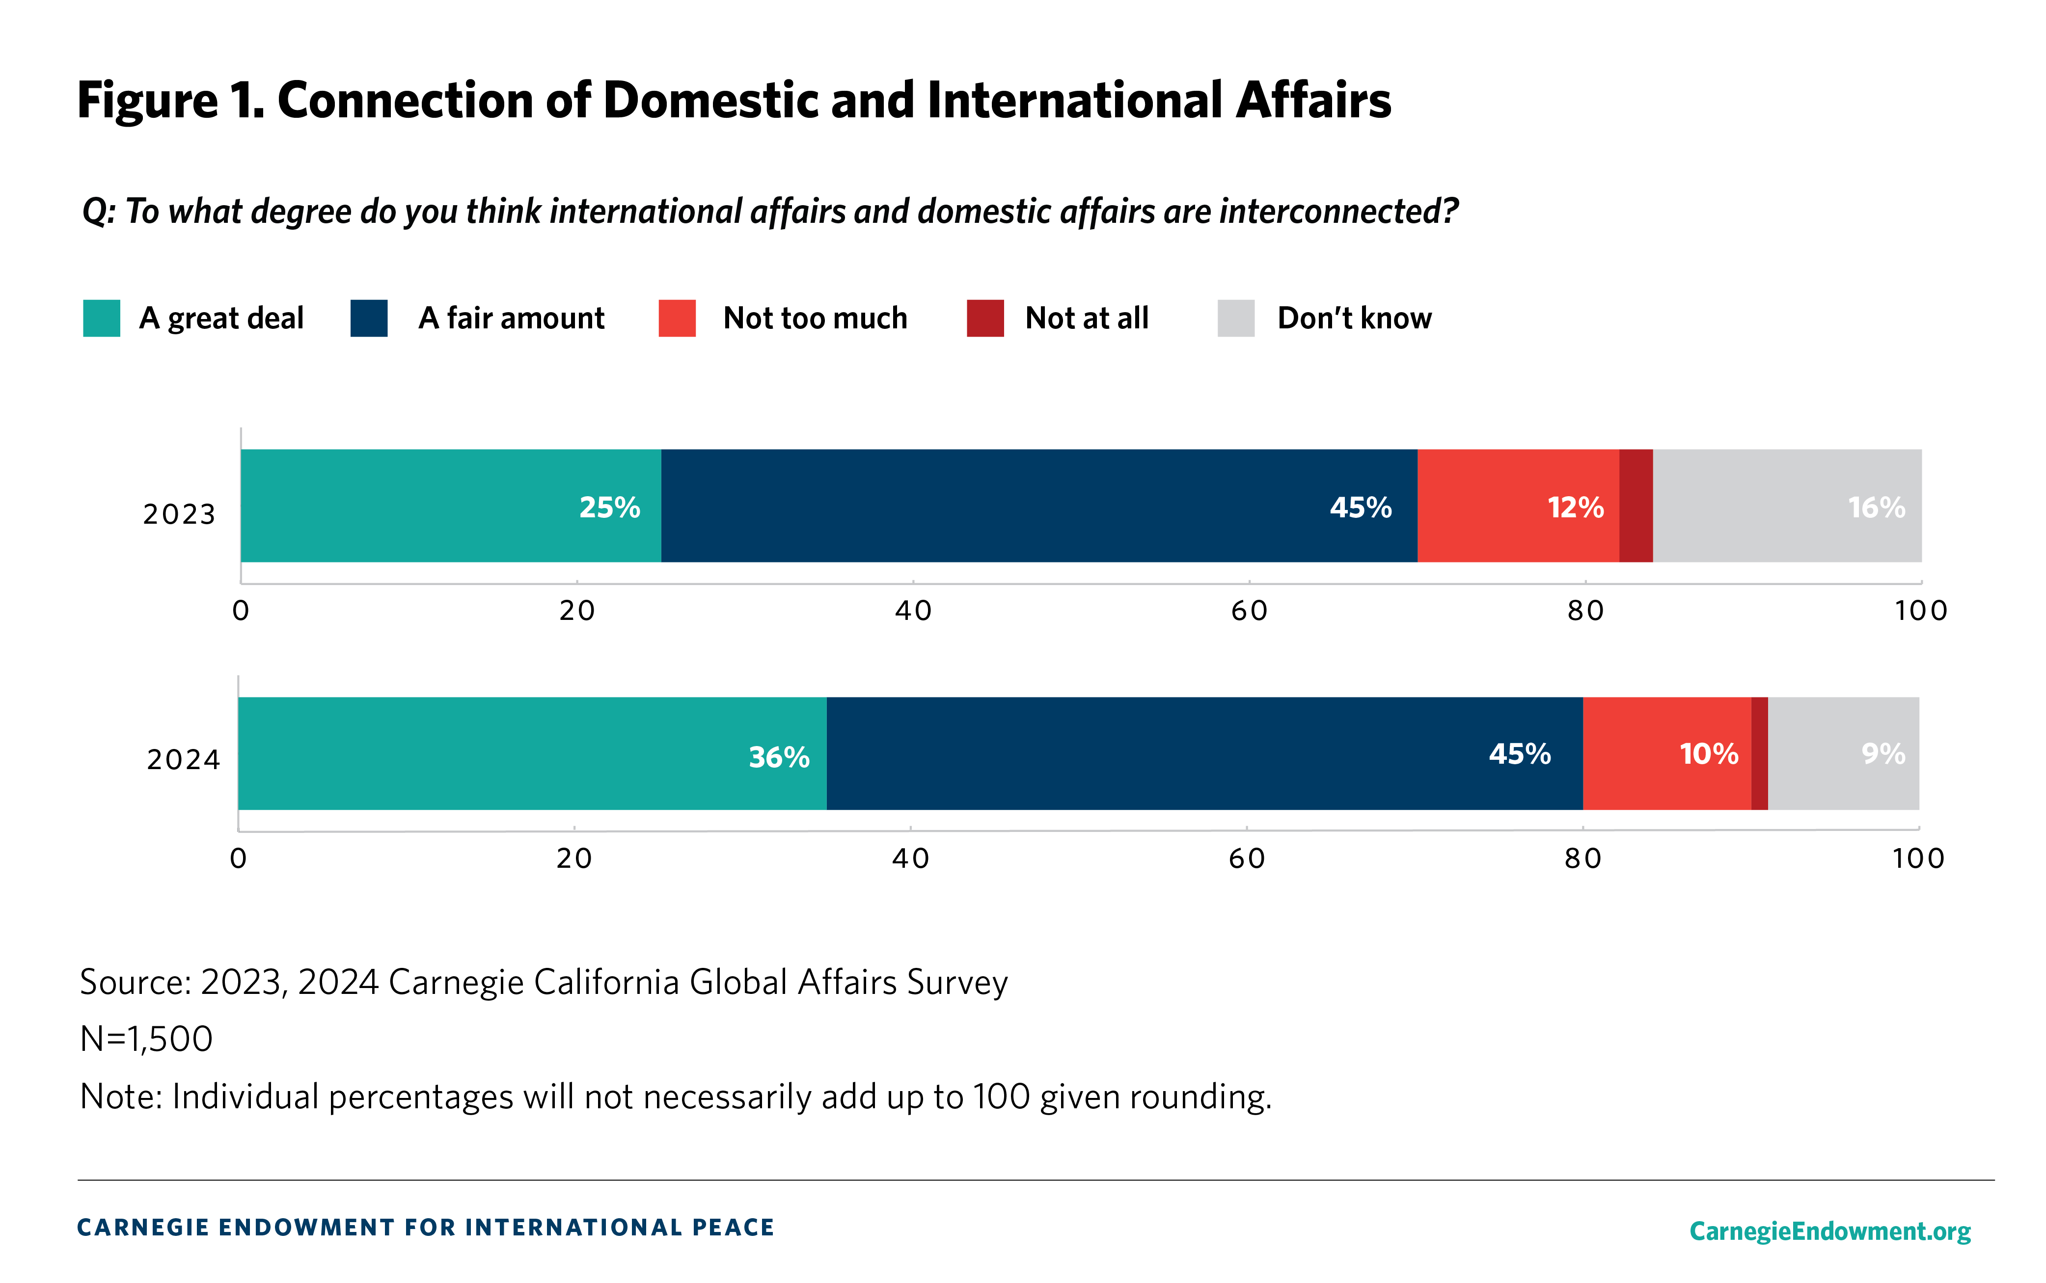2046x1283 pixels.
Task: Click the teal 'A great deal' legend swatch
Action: click(102, 318)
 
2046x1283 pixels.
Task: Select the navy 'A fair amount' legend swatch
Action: click(369, 318)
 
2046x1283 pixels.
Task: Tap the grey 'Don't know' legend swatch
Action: click(1235, 318)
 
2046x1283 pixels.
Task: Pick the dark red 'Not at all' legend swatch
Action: click(985, 318)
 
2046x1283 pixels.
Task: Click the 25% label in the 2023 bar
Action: click(609, 508)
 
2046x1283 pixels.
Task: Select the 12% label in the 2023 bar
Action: click(1575, 508)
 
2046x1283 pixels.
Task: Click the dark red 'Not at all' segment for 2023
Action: click(1635, 506)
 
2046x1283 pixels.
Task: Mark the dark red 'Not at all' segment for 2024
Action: click(1759, 753)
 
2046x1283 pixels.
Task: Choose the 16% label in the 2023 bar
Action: click(1876, 508)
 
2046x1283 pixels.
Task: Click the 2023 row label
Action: click(179, 514)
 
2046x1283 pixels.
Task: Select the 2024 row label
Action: click(183, 759)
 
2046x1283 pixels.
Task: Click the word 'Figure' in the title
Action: click(148, 100)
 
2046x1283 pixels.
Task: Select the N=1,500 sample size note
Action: click(146, 1039)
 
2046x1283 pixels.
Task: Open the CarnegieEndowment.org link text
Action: click(1829, 1230)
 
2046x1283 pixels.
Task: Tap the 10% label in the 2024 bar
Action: click(1708, 753)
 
